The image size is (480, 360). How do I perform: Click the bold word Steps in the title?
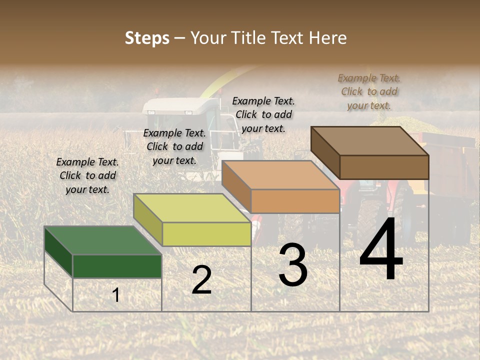[147, 38]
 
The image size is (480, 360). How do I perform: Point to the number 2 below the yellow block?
[201, 279]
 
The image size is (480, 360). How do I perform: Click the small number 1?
[116, 295]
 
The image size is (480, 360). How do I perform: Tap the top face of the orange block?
[280, 175]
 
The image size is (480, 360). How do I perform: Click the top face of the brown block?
[370, 140]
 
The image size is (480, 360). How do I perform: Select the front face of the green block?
[117, 266]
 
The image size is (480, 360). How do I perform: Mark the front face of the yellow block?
[206, 234]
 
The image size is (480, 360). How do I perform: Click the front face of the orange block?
[295, 201]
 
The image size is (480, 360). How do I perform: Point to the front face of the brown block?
[384, 167]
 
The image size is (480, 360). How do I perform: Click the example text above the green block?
[87, 175]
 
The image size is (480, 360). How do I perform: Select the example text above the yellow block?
[174, 146]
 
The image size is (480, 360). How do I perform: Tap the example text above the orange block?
[263, 114]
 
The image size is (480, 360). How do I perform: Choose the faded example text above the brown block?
[369, 91]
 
